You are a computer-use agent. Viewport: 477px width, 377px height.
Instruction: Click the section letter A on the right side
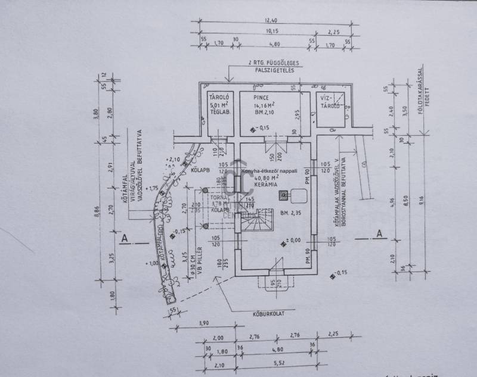point(379,233)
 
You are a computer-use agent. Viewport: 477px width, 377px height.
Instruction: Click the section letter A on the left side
point(124,238)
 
